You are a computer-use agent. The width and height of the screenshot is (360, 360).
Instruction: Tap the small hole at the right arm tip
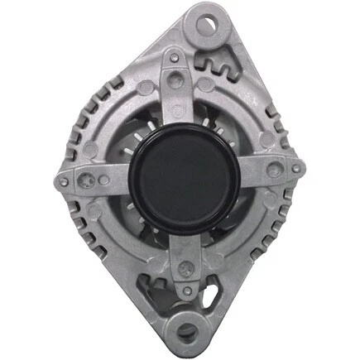(x=296, y=170)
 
